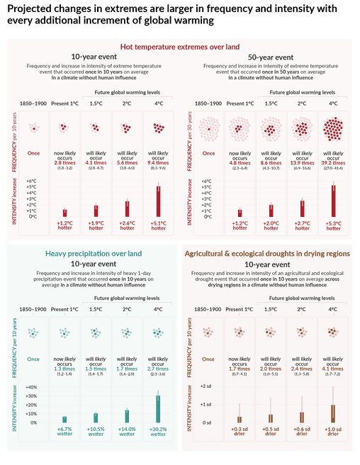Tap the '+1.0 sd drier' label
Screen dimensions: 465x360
click(x=333, y=432)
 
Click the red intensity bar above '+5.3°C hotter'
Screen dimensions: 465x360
click(x=333, y=201)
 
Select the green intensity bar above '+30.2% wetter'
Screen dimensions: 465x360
click(x=157, y=409)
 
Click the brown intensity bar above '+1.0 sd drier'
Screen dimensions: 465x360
click(x=333, y=414)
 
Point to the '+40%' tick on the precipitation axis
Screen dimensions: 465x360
click(x=30, y=387)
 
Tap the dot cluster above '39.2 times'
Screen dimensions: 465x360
click(x=333, y=129)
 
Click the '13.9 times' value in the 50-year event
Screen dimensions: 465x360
click(x=303, y=162)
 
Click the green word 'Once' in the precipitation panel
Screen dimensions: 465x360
click(x=33, y=359)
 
